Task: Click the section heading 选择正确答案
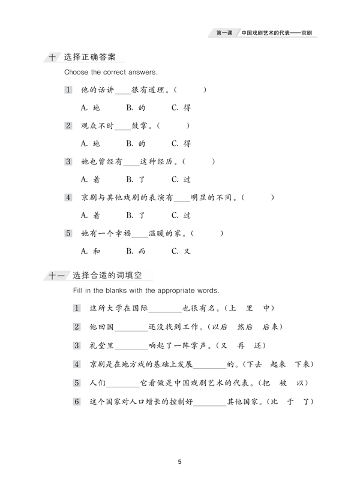pyautogui.click(x=90, y=58)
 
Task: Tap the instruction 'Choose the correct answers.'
pyautogui.click(x=111, y=73)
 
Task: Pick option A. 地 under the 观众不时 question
pyautogui.click(x=91, y=144)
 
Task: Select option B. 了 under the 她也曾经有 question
pyautogui.click(x=136, y=179)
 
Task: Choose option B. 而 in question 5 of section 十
pyautogui.click(x=136, y=251)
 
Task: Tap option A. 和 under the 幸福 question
pyautogui.click(x=91, y=251)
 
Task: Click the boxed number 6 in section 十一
pyautogui.click(x=77, y=402)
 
